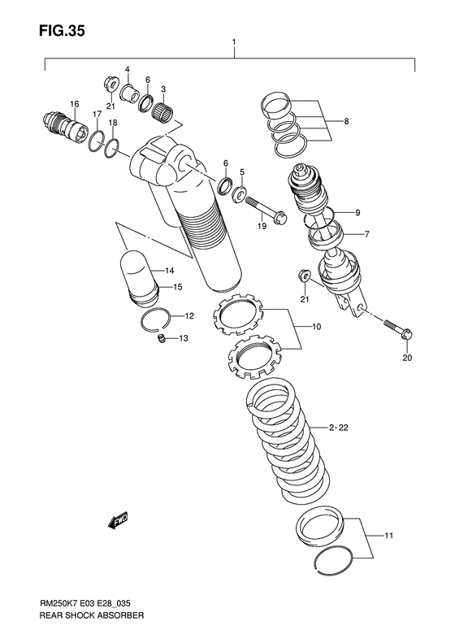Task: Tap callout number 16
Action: click(x=74, y=103)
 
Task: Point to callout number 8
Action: click(x=345, y=121)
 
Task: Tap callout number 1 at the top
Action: click(x=234, y=41)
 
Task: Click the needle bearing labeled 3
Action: click(x=166, y=113)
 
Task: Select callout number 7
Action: click(x=366, y=234)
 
